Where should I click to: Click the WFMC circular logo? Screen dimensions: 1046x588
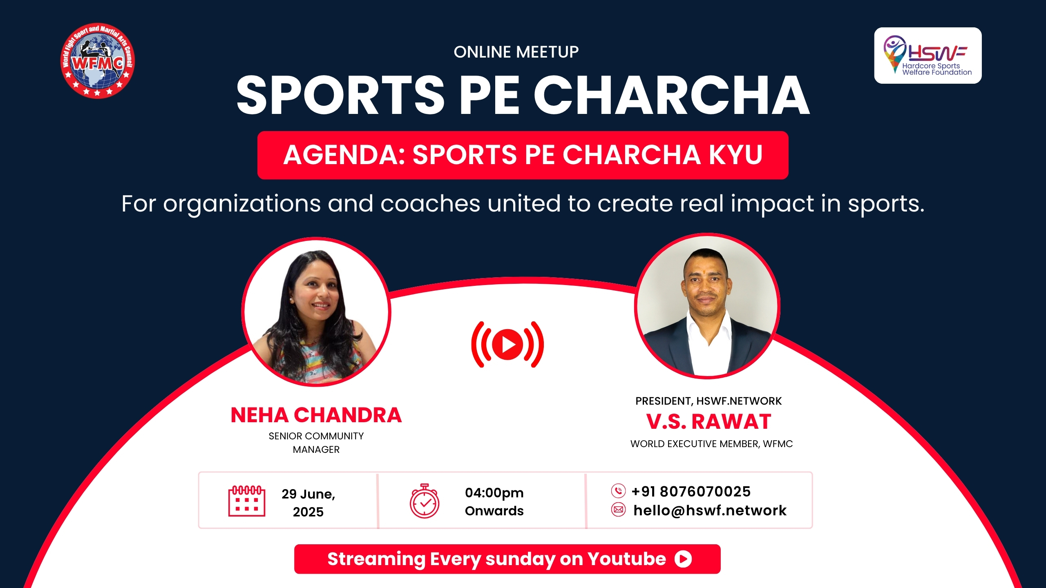coord(98,60)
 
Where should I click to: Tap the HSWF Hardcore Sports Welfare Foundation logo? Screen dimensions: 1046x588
coord(928,56)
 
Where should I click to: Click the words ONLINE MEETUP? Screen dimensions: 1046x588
coord(516,52)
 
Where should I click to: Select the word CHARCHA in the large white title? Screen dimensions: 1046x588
coord(672,96)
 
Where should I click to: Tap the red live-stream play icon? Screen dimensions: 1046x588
coord(507,344)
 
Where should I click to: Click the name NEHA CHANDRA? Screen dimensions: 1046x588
coord(316,415)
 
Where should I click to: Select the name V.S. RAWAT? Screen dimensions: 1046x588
coord(709,421)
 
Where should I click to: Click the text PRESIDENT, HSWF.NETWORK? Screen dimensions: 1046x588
coord(709,401)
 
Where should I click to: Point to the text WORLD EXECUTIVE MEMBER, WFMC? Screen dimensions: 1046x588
coord(711,444)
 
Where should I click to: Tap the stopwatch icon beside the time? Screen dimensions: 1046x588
coord(425,501)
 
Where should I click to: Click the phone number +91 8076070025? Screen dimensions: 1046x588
coord(691,491)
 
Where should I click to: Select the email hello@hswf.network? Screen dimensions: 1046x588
coord(710,510)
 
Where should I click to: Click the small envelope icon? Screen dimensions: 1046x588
coord(618,510)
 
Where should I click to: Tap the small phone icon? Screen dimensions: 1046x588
coord(618,490)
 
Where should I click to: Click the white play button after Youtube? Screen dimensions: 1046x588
coord(683,559)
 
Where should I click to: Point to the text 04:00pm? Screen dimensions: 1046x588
coord(494,493)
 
